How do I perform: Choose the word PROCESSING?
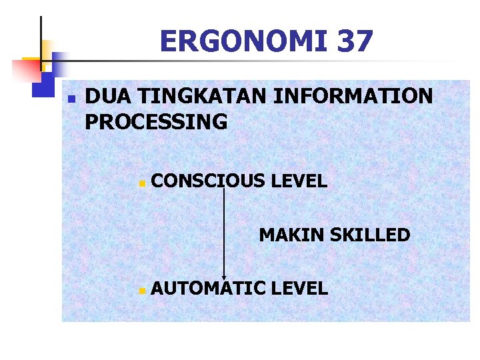[x=157, y=123]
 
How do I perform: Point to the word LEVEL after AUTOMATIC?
[x=300, y=289]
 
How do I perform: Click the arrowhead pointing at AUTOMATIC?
[x=224, y=277]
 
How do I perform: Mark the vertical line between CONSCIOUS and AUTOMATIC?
[x=224, y=233]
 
